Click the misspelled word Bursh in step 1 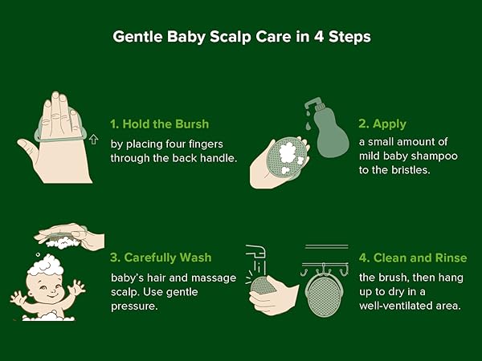click(x=192, y=124)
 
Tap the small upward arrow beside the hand click(x=93, y=140)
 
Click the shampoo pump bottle click(x=326, y=128)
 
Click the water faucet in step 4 click(x=255, y=251)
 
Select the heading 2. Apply click(x=382, y=124)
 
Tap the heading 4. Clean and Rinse click(x=413, y=258)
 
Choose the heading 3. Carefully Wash click(x=161, y=258)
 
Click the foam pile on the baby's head click(x=45, y=266)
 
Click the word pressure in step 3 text click(x=134, y=306)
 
